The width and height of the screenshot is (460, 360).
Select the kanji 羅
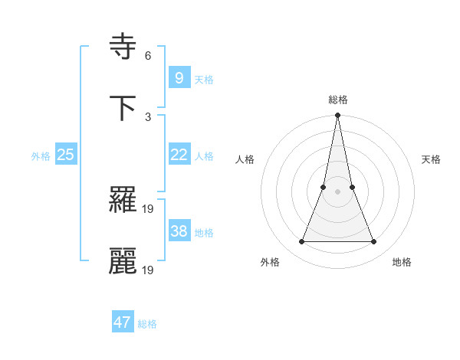tap(123, 201)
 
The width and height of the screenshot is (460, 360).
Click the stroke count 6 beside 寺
tap(148, 56)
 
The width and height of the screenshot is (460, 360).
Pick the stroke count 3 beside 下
tap(148, 117)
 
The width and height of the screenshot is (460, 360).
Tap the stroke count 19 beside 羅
tap(149, 208)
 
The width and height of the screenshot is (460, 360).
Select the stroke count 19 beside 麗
tap(149, 270)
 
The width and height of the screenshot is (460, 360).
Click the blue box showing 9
tap(179, 77)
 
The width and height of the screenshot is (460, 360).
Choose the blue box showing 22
tap(179, 154)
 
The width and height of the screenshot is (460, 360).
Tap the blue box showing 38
tap(179, 231)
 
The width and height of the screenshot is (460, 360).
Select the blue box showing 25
tap(65, 154)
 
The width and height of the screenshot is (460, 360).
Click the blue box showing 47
tap(123, 322)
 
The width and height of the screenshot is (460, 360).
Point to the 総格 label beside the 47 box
tap(147, 324)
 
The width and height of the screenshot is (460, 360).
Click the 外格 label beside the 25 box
tap(41, 155)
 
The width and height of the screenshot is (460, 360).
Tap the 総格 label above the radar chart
tap(337, 100)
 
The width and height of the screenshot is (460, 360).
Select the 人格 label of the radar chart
tap(245, 159)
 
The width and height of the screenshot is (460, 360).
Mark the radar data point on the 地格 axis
tap(374, 242)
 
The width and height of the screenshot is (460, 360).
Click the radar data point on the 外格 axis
tap(301, 242)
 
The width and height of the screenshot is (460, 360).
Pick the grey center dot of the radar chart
tap(337, 191)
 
